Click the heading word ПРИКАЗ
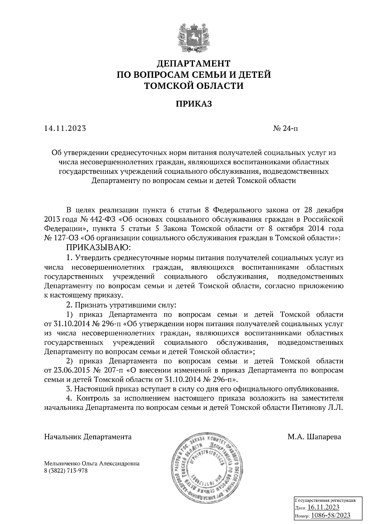point(194,104)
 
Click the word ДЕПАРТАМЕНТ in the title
point(194,64)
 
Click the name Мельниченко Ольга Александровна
point(92,463)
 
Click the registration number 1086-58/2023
point(330,515)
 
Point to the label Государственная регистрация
point(326,500)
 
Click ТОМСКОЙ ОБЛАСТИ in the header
point(194,85)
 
